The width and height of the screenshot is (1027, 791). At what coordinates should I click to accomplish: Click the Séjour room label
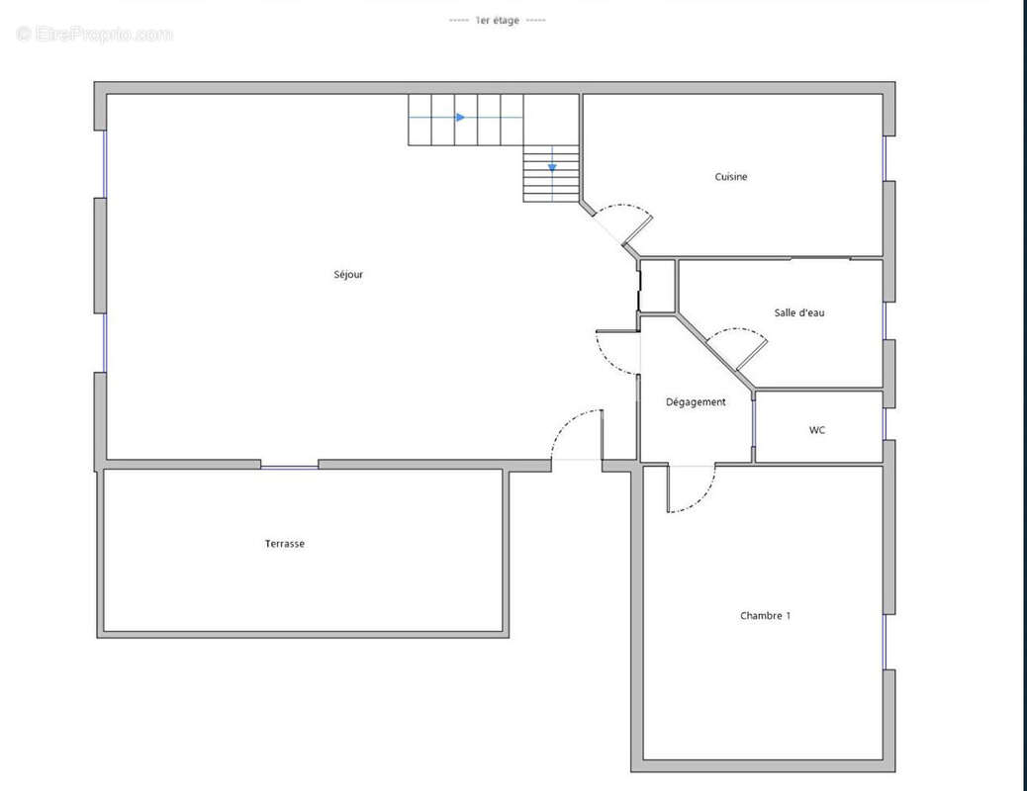[348, 274]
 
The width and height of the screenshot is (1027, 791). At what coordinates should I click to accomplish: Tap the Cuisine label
[731, 177]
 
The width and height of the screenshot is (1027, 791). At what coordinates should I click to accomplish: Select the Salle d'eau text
[798, 312]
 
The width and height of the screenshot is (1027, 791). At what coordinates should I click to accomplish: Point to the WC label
[817, 430]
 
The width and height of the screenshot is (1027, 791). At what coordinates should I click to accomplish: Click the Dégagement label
[696, 402]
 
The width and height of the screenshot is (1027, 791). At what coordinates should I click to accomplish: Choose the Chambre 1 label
[765, 616]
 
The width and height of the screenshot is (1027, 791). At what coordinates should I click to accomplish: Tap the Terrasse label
[285, 544]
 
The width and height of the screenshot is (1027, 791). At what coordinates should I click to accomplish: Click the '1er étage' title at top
[497, 20]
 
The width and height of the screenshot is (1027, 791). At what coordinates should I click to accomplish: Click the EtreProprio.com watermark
[95, 35]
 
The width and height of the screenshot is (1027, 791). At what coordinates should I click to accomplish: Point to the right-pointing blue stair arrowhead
[460, 118]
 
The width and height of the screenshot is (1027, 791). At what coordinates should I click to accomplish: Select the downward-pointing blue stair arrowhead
[552, 167]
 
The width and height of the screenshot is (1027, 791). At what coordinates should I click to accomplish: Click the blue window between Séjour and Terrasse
[290, 466]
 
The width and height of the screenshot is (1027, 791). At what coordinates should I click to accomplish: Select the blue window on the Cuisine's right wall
[885, 158]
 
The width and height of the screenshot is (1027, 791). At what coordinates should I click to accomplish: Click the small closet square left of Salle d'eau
[658, 287]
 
